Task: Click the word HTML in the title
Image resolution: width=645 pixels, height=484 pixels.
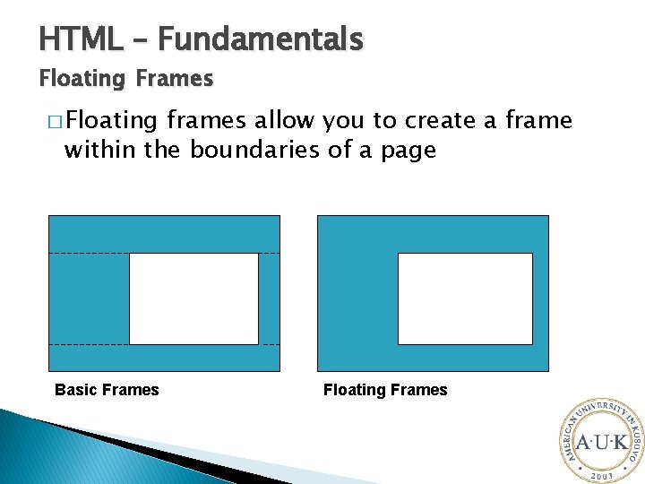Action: (81, 39)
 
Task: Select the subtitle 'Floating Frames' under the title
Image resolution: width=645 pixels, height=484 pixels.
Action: (125, 79)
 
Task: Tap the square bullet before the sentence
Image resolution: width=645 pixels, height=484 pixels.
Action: (55, 122)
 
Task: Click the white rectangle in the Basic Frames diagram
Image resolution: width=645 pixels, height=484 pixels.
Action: (193, 298)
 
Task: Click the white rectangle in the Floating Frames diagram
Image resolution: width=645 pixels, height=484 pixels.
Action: (465, 298)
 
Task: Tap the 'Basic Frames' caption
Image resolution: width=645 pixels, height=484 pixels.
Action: (107, 390)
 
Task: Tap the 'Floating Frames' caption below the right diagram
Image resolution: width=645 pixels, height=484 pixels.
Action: (385, 390)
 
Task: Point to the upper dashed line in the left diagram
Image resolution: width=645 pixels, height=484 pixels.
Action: (89, 254)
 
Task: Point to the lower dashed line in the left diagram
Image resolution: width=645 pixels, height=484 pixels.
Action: (89, 344)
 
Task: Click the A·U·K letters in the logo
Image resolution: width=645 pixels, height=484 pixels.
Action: (601, 442)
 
